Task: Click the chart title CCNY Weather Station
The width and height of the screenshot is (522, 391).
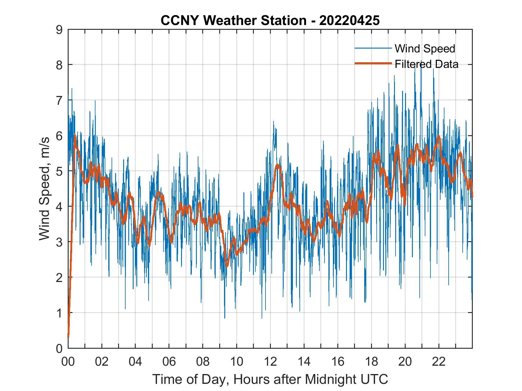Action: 233,21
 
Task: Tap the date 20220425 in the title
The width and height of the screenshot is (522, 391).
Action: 349,21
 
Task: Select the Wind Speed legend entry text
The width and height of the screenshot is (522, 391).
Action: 425,49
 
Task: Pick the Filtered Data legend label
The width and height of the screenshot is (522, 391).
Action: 426,64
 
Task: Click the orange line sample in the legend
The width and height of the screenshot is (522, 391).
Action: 373,63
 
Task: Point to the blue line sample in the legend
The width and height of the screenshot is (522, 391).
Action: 373,48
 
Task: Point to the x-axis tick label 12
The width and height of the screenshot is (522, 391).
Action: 270,362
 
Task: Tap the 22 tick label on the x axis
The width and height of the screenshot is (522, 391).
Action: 439,362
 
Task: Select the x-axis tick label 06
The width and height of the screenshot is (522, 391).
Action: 169,362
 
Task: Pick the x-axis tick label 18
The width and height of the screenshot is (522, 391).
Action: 371,362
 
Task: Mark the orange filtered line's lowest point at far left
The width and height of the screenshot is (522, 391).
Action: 68,337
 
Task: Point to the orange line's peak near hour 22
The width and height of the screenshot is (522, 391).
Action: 438,136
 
